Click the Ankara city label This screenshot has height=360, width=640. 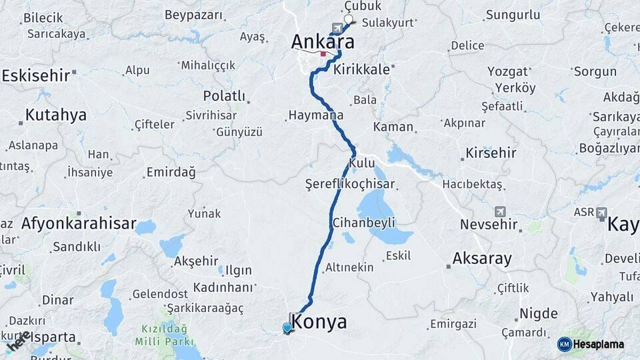tap(322, 41)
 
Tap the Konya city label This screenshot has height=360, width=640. tap(319, 322)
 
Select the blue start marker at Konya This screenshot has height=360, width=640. tap(287, 327)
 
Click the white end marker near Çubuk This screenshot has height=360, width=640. tap(348, 19)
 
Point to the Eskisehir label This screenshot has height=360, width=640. tap(36, 75)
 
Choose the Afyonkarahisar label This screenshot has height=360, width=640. tap(79, 223)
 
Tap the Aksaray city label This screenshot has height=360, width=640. tap(481, 258)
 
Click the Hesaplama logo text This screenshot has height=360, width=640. tap(599, 344)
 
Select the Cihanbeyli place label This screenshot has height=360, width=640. tap(363, 222)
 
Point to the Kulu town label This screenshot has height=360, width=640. tap(361, 163)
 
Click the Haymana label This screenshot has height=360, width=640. tap(315, 115)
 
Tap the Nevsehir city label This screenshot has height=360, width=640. tap(489, 225)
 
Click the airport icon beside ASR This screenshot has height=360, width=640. tap(602, 213)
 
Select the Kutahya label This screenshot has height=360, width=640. tap(55, 115)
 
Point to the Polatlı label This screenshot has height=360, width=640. tap(224, 95)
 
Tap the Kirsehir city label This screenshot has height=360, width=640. tap(491, 153)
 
